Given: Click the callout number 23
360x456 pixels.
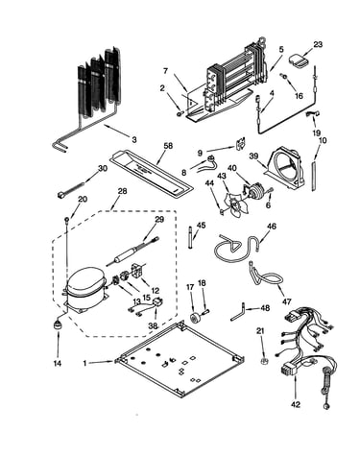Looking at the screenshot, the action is coord(318,44).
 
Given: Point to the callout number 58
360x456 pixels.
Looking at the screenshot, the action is coord(168,146).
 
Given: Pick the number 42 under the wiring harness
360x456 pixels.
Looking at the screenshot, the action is coord(296,404).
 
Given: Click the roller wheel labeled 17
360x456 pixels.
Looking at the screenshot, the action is coord(195,319).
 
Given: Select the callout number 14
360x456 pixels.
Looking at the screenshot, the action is coord(58,364).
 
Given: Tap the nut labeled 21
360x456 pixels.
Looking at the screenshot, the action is coord(264,361).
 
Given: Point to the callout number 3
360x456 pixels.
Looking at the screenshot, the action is coord(134,139).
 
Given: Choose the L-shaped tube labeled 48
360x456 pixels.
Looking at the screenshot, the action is coord(239,313).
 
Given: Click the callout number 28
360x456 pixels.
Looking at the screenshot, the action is coord(122,191).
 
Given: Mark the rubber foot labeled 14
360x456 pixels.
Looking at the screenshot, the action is coord(58,324).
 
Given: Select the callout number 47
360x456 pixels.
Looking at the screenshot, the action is coord(287,301).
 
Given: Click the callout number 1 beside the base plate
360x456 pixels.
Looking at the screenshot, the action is coord(84,364).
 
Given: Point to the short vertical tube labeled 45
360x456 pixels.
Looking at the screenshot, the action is coord(191,238).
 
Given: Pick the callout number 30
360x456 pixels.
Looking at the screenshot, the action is coord(103,168).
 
